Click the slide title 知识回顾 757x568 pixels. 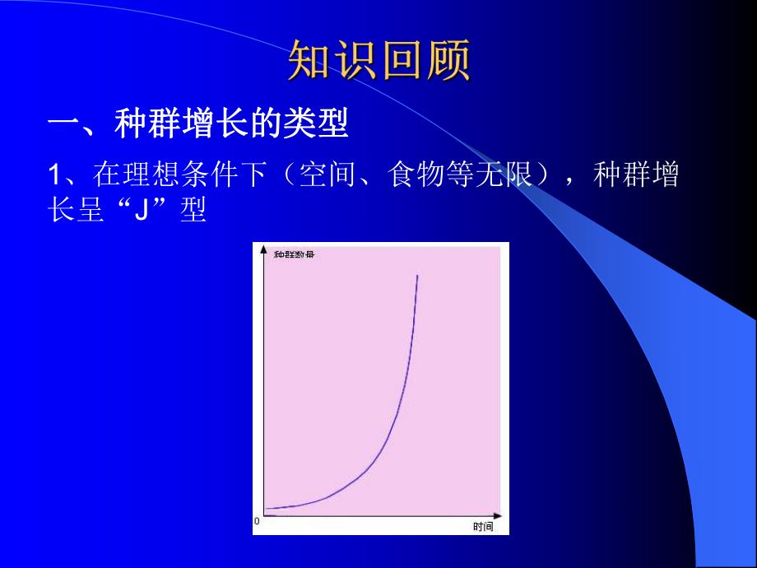click(379, 63)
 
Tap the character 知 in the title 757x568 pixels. click(310, 63)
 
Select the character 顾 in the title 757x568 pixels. click(449, 63)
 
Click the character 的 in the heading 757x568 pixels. click(272, 125)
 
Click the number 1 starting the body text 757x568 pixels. click(55, 175)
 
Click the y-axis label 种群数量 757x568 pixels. click(294, 254)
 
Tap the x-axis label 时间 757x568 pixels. click(483, 527)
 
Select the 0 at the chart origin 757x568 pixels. click(257, 521)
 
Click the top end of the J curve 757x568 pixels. click(417, 276)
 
